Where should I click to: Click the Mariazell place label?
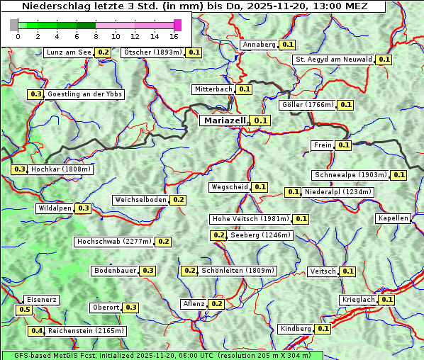coord(223,120)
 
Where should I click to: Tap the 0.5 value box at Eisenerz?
coord(24,310)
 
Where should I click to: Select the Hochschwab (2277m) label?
coord(113,242)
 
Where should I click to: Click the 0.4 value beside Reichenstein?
coord(36,331)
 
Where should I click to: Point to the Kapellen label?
coord(394,218)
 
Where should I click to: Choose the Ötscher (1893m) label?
coord(152,52)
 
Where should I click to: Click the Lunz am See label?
coord(68,52)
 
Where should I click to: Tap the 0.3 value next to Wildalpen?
coord(84,208)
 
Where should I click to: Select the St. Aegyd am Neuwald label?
coord(333,60)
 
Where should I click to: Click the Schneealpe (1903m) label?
coord(350,175)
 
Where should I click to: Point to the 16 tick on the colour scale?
coord(174,36)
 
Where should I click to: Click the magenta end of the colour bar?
coord(178,25)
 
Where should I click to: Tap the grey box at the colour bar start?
coord(14,25)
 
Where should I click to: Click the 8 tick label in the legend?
coord(96,36)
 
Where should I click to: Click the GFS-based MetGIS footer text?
coord(162,355)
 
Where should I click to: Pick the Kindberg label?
coord(295,329)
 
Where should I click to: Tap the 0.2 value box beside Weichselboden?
coord(178,200)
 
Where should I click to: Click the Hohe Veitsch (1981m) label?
coord(250,219)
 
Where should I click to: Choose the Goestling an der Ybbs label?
coord(84,94)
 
